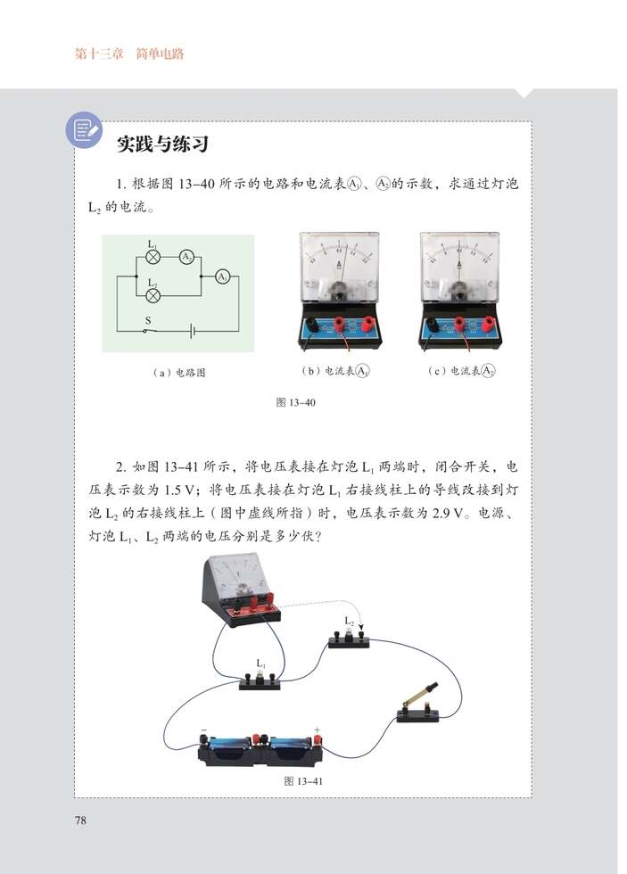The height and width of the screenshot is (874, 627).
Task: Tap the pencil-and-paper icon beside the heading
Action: (x=84, y=130)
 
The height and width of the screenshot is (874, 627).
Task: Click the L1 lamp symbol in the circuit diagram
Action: (x=153, y=256)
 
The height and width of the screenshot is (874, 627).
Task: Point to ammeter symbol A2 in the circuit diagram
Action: (x=186, y=256)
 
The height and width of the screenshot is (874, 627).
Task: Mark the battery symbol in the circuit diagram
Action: (x=193, y=331)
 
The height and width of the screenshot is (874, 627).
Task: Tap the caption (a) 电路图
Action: (x=178, y=373)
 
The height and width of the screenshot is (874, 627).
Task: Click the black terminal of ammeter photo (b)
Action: (x=311, y=325)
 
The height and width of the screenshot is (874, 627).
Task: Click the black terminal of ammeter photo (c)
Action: (x=433, y=325)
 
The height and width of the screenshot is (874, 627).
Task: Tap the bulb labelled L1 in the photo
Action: (x=260, y=675)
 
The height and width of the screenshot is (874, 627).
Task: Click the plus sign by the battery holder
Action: (x=318, y=730)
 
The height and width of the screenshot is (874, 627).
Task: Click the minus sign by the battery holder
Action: (x=203, y=730)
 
